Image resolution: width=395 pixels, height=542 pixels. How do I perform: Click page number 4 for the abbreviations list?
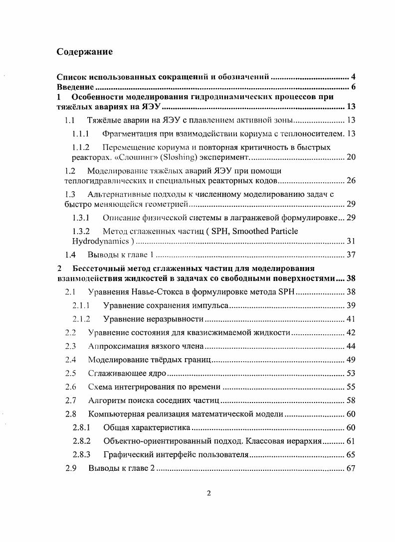coord(353,77)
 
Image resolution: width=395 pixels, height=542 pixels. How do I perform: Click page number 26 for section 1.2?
coord(351,180)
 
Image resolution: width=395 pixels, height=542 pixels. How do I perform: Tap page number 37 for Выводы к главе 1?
coord(351,255)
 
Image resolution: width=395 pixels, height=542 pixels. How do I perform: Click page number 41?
coord(351,319)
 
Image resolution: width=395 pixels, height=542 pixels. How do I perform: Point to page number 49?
coord(351,359)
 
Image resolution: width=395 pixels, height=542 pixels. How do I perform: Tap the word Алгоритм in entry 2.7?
coord(105,400)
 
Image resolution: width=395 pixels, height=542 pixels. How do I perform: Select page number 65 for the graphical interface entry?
coord(351,454)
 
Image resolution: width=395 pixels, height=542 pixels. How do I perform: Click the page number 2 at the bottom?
coord(209,493)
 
